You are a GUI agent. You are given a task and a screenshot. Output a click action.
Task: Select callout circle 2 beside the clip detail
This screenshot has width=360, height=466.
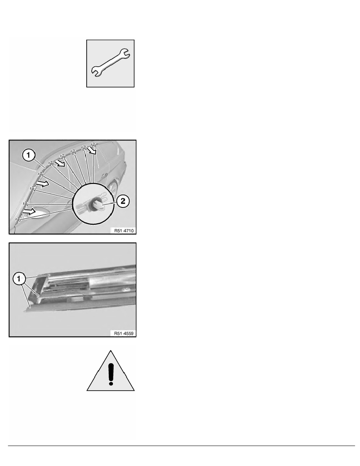click(x=122, y=201)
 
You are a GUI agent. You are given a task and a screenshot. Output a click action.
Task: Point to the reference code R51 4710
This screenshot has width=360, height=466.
click(x=123, y=231)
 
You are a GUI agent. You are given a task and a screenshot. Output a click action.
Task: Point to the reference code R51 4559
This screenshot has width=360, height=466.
click(x=123, y=334)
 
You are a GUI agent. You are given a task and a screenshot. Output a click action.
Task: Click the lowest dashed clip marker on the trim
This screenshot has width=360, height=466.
click(x=18, y=220)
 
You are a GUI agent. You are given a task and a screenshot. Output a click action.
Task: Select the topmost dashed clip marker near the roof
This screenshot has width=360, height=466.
click(x=93, y=145)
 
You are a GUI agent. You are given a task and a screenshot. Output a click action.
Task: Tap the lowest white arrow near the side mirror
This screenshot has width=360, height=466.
click(x=29, y=212)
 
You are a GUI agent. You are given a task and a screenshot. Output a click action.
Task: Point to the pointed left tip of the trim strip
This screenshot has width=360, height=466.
click(x=25, y=309)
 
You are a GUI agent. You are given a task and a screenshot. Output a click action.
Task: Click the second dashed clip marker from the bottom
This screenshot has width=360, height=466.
click(x=25, y=204)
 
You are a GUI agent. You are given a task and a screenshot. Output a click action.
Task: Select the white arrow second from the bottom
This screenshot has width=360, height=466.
click(x=42, y=183)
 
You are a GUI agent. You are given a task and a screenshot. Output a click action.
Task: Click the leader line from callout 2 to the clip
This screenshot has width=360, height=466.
click(x=110, y=202)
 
